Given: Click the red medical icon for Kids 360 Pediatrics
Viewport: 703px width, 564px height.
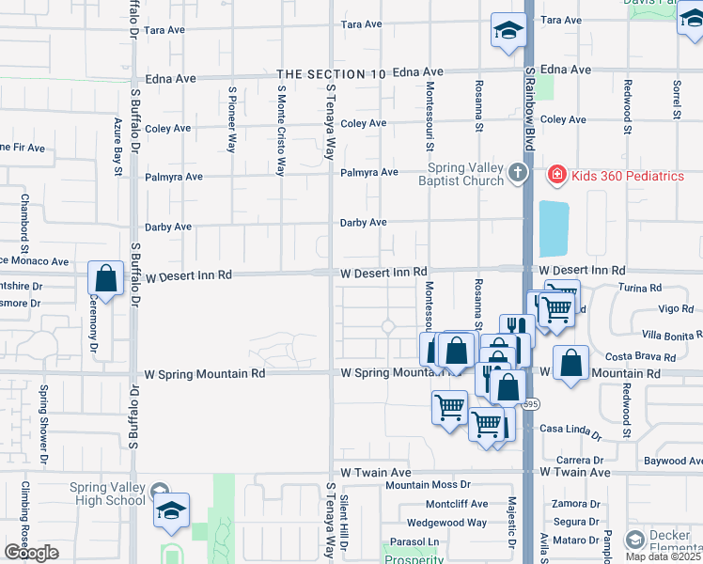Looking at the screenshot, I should coord(555,175).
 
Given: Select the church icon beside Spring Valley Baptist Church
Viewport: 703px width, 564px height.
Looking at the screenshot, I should coord(517,174).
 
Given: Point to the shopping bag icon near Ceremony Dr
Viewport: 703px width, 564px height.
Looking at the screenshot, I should coord(105,279).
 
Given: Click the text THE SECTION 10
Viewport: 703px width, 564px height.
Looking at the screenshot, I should coord(332,72).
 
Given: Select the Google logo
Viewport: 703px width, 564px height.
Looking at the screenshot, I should coord(31,553).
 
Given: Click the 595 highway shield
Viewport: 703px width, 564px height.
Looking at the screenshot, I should coord(531,404).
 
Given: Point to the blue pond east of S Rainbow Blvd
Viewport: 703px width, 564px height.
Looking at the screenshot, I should coord(555,227).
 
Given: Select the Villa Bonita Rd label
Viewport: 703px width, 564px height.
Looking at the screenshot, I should coord(671,334).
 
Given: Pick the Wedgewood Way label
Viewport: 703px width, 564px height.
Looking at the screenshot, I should coord(446,523).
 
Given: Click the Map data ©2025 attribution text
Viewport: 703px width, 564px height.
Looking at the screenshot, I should coord(664,556).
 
